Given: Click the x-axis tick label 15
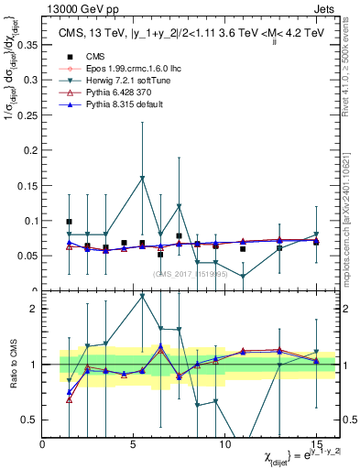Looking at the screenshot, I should pyautogui.click(x=315, y=444).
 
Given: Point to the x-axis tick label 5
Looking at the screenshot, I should pyautogui.click(x=135, y=444).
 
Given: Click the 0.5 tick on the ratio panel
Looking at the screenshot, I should pyautogui.click(x=29, y=420).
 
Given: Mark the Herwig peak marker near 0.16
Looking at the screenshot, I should pyautogui.click(x=142, y=178).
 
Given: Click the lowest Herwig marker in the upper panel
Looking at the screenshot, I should pyautogui.click(x=243, y=277).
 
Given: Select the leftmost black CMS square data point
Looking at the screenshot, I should pyautogui.click(x=70, y=222).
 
